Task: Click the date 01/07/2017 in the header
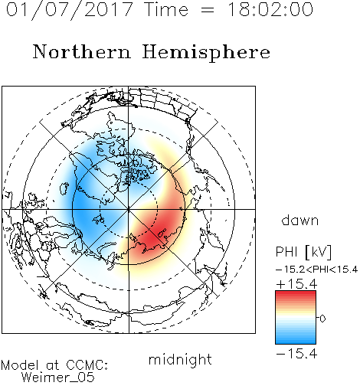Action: pyautogui.click(x=70, y=9)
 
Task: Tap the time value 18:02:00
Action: pyautogui.click(x=270, y=9)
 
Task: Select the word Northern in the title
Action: pyautogui.click(x=82, y=51)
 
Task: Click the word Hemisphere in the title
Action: pyautogui.click(x=206, y=53)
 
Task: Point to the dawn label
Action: pyautogui.click(x=300, y=220)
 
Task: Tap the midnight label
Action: pyautogui.click(x=180, y=360)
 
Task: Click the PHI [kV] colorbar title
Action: pyautogui.click(x=303, y=252)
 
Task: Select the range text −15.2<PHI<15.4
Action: pyautogui.click(x=317, y=270)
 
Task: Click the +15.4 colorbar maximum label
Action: pyautogui.click(x=296, y=284)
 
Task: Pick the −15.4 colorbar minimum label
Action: pyautogui.click(x=296, y=354)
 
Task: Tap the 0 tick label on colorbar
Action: pyautogui.click(x=322, y=319)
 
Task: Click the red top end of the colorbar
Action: pyautogui.click(x=296, y=293)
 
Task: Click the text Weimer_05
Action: pyautogui.click(x=58, y=378)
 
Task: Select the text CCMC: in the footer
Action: pyautogui.click(x=87, y=365)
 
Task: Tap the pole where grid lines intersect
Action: pyautogui.click(x=129, y=209)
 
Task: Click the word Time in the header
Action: pyautogui.click(x=166, y=9)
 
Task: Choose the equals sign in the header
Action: pyautogui.click(x=208, y=11)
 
